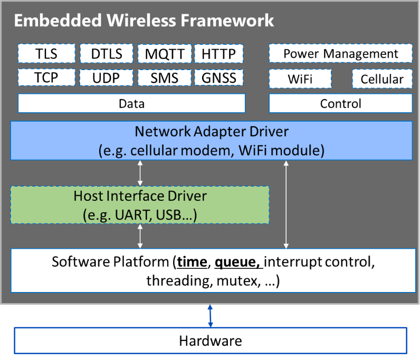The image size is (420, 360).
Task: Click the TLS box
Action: (x=46, y=54)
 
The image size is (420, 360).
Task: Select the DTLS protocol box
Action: (x=106, y=54)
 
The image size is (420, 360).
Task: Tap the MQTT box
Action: (x=165, y=54)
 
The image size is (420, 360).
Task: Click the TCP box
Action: (x=46, y=78)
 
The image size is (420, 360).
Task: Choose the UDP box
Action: (x=106, y=78)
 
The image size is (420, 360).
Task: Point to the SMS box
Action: (x=165, y=78)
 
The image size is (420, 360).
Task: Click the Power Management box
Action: (x=340, y=54)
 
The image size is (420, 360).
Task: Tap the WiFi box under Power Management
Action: (x=300, y=79)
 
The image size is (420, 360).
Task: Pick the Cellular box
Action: (x=382, y=79)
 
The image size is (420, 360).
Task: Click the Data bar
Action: (x=131, y=103)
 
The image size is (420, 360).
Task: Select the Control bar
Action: (x=340, y=103)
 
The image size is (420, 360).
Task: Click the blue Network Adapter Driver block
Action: (x=211, y=140)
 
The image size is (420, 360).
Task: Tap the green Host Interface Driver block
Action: (x=140, y=205)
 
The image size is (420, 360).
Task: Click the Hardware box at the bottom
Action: (x=210, y=340)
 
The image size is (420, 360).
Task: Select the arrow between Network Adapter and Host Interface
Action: (x=140, y=172)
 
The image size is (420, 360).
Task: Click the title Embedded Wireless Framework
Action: (x=144, y=21)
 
